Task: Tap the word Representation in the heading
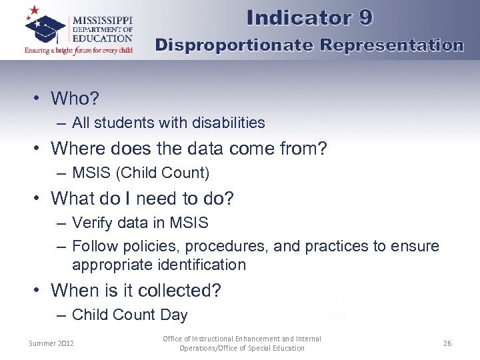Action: (391, 45)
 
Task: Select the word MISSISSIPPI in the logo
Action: (102, 20)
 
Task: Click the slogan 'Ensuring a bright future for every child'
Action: (79, 50)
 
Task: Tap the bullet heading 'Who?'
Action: (75, 99)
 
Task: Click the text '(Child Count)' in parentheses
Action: (163, 173)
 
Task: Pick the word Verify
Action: (91, 223)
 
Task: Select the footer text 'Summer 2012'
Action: (51, 343)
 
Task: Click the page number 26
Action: (447, 343)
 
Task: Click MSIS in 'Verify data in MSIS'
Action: (190, 223)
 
